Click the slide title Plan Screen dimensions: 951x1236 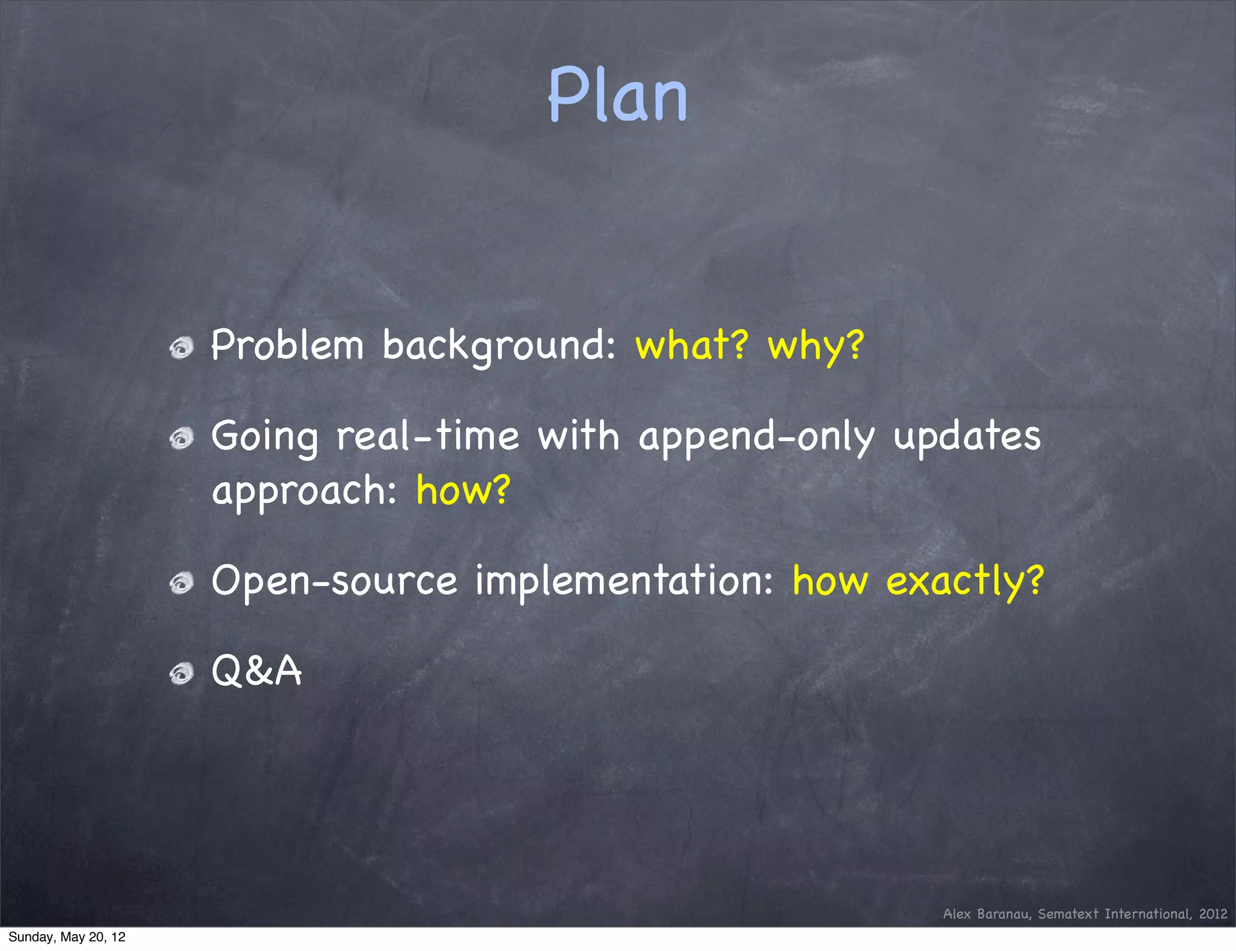point(617,95)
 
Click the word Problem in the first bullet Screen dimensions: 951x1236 point(287,346)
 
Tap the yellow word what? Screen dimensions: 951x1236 point(692,346)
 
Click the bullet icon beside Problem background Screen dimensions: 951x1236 point(181,348)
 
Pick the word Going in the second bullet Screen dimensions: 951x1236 point(264,437)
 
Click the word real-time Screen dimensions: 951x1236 point(427,436)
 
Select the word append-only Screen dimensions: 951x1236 point(756,437)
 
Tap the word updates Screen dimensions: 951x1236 point(967,437)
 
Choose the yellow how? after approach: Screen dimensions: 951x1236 point(463,490)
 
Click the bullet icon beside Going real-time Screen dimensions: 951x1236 point(181,439)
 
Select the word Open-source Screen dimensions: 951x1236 point(334,582)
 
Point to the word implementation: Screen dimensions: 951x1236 point(624,582)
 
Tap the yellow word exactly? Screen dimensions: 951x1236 point(964,582)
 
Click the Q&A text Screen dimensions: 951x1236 point(256,671)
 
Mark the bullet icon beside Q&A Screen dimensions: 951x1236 point(181,673)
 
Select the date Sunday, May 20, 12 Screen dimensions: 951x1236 point(66,937)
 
